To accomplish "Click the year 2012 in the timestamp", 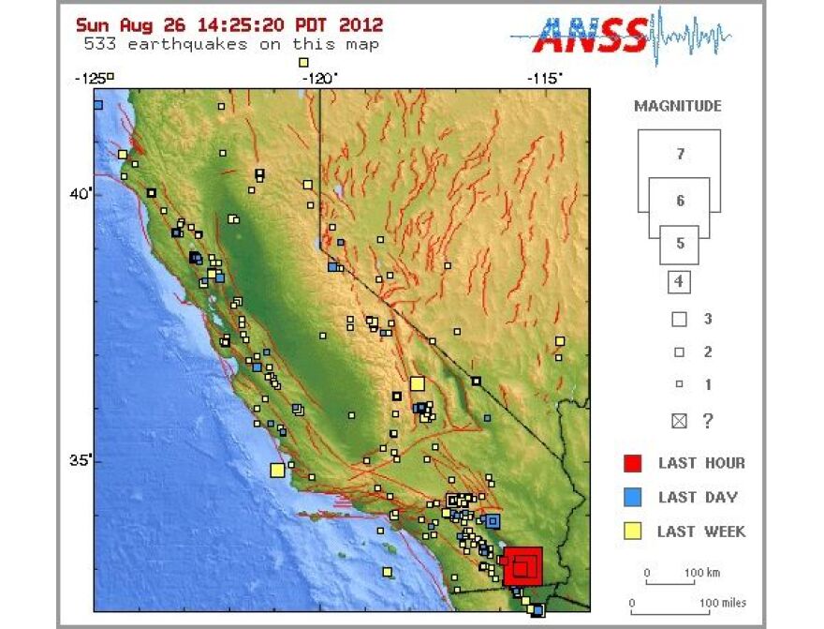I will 360,25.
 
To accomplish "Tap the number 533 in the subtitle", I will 100,44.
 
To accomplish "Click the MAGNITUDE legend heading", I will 678,106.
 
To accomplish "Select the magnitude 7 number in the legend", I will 680,154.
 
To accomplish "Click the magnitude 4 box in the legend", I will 679,280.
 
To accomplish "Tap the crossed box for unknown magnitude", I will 679,421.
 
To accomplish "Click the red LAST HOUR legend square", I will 633,462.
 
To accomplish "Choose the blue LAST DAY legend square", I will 633,497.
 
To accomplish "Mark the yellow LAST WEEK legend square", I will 633,532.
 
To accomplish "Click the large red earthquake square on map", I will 522,566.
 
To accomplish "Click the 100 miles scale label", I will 721,603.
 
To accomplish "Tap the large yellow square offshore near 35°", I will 277,471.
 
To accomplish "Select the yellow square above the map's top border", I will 303,63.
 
